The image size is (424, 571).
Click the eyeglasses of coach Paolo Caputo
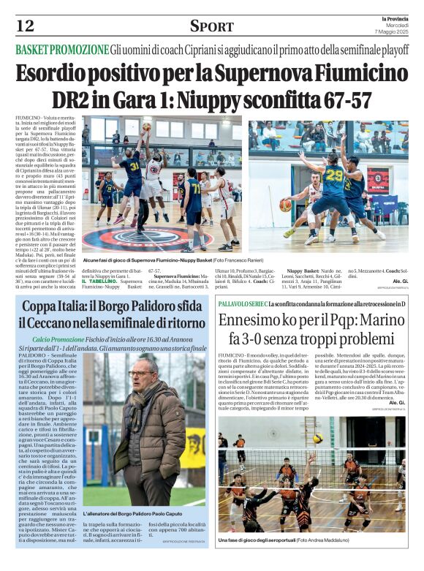coord(140,374)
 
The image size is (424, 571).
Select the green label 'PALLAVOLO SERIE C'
coord(242,303)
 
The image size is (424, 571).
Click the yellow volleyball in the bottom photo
coord(318,439)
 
